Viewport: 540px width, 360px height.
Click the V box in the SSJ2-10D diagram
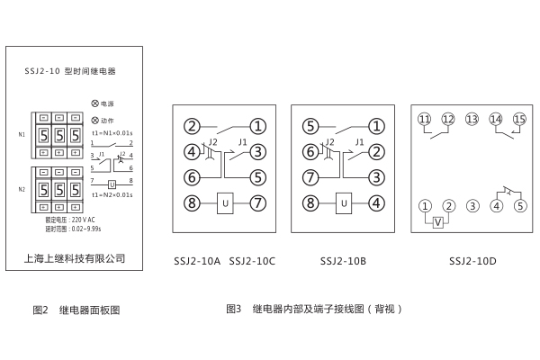pos(436,222)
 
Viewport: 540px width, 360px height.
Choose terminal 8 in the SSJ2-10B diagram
pos(310,203)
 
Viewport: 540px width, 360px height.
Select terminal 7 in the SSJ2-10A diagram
pos(257,203)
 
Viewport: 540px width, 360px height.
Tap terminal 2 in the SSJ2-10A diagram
pos(191,126)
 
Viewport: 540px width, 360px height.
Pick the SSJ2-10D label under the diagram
pos(472,261)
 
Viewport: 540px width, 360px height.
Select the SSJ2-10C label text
pos(253,261)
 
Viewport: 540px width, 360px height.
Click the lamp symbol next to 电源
pos(94,104)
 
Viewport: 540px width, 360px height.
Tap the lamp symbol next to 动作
pos(94,120)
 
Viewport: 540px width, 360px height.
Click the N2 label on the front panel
pos(22,189)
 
